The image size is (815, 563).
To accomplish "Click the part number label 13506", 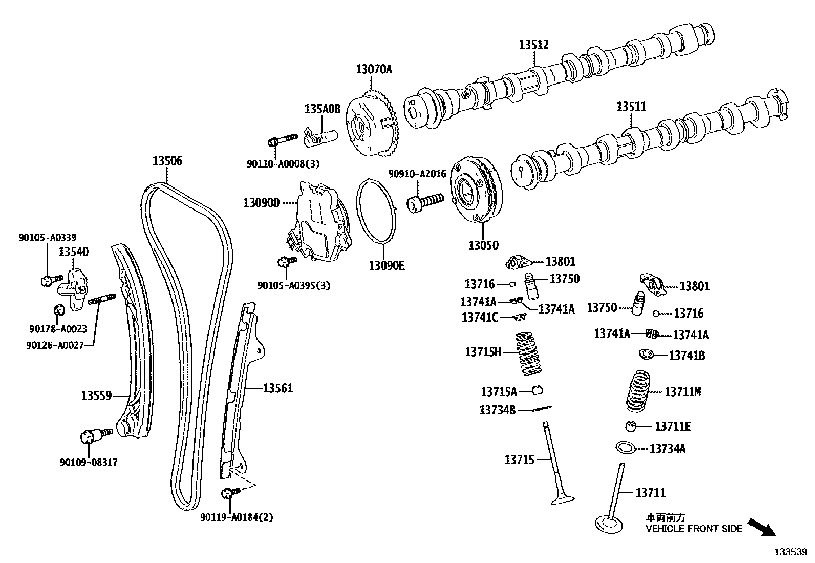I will (x=167, y=161).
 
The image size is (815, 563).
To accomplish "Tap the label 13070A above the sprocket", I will (x=374, y=69).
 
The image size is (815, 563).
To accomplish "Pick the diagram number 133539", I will (x=790, y=552).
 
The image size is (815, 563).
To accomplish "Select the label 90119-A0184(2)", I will (x=237, y=517).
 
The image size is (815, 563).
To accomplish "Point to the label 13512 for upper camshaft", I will (x=533, y=45).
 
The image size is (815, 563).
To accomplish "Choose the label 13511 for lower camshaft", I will (x=631, y=107).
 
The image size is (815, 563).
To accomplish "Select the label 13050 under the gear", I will (x=483, y=245).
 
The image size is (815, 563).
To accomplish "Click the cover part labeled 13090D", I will (x=317, y=223).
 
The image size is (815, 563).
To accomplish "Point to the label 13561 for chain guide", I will (x=278, y=388).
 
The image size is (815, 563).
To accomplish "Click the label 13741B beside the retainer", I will (x=687, y=355).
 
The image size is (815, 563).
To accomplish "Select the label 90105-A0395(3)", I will (x=294, y=286).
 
